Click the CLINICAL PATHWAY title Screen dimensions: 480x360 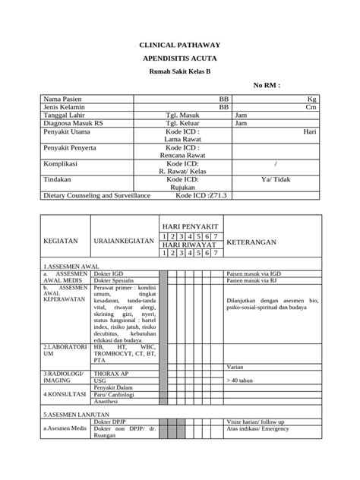[x=179, y=46]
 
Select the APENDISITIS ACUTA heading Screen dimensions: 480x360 [x=179, y=58]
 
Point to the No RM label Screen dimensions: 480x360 [x=267, y=86]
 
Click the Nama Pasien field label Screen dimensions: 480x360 [x=62, y=99]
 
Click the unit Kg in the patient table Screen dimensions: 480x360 [x=311, y=99]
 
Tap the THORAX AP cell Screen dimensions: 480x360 [x=111, y=374]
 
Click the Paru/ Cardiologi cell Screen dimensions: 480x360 [x=119, y=395]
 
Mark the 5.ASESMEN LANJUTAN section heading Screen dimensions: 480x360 [x=76, y=415]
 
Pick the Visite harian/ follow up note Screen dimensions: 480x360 [x=255, y=422]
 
